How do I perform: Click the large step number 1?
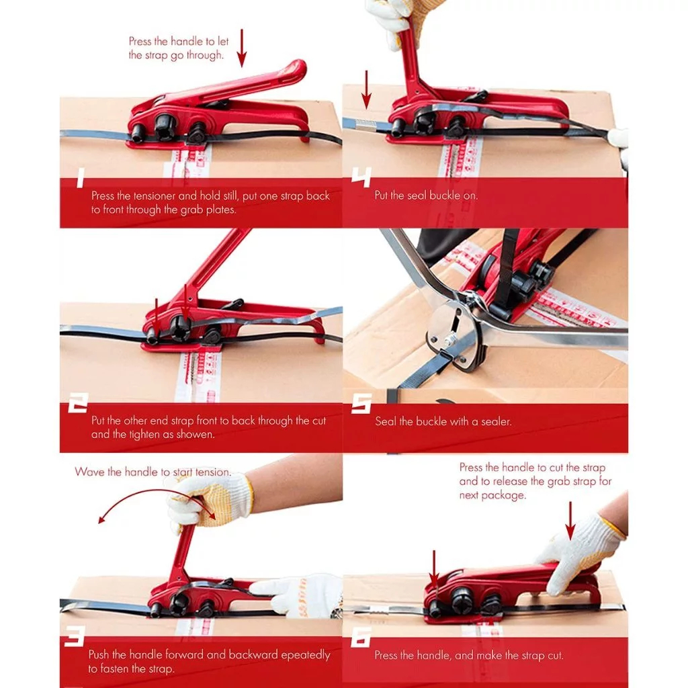point(80,177)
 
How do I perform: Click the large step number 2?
point(78,403)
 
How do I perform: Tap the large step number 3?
point(75,637)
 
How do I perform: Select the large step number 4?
point(361,177)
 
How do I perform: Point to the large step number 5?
point(361,404)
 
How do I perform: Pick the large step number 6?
point(361,637)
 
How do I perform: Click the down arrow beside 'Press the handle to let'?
point(242,48)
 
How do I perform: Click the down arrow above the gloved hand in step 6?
point(570,521)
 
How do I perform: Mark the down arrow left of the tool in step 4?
point(366,89)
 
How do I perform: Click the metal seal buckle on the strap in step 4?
point(365,125)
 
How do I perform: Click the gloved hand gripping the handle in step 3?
point(210,499)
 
